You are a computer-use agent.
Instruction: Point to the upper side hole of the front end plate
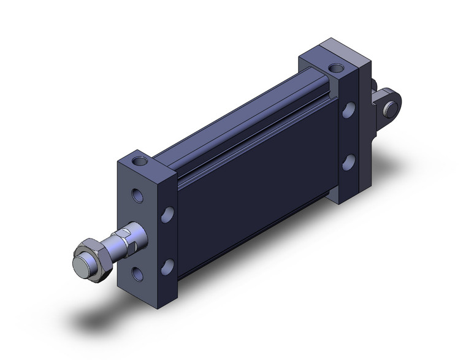[166, 215]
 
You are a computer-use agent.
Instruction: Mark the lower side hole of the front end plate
[166, 266]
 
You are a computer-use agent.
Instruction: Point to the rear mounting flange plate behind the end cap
[364, 132]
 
